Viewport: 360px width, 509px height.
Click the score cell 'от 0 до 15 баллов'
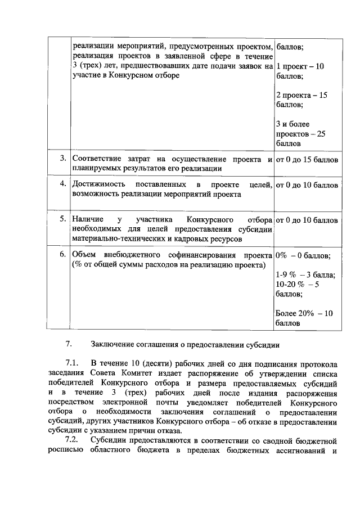click(307, 159)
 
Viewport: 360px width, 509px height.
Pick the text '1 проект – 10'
click(300, 66)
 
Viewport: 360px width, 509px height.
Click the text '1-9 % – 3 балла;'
click(305, 274)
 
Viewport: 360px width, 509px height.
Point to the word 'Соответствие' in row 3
click(98, 159)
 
